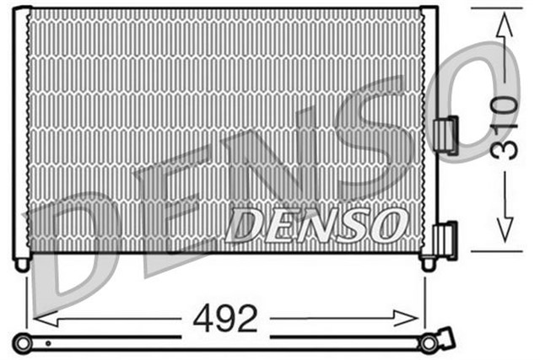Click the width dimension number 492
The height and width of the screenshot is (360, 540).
pos(224,319)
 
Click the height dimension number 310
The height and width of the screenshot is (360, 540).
pos(505,126)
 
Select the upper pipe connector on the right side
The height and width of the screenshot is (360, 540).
pos(445,135)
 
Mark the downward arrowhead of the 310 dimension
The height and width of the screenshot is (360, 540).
pos(505,233)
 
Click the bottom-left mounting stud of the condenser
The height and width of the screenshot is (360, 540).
pos(22,264)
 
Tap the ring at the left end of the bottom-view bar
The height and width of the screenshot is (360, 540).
pos(22,341)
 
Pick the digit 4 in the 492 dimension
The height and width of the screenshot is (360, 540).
pos(202,319)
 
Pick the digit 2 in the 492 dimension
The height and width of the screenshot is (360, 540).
pos(246,319)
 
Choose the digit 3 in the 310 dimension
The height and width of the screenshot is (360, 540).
pos(505,150)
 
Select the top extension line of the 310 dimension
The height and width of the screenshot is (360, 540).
pos(498,8)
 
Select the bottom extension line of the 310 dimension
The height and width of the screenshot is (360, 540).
pos(498,250)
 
